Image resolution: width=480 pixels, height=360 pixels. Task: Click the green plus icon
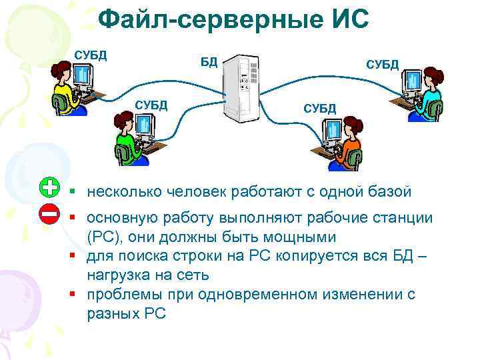coord(49,189)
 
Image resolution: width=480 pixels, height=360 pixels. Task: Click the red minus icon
coord(49,214)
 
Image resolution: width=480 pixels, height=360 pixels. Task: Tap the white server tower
coord(241,88)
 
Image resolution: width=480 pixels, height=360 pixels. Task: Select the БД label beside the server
coord(209,63)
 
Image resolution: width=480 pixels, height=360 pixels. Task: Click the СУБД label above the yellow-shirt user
coord(90,53)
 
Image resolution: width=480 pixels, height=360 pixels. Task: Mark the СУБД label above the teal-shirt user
coord(382,64)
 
